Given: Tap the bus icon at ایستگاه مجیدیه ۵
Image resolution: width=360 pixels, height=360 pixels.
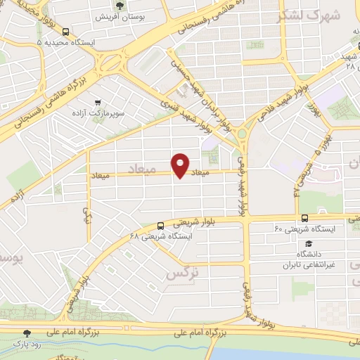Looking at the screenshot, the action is (x=65, y=32).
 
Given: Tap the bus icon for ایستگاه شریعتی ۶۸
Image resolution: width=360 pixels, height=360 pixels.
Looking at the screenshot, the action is (x=161, y=226).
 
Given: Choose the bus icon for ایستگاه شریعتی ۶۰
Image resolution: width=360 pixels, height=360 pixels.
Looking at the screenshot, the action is (x=304, y=218).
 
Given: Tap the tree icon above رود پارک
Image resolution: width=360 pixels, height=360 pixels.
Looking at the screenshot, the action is (x=27, y=333).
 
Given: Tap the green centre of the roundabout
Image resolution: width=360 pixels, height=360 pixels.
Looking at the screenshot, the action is (x=243, y=133).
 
